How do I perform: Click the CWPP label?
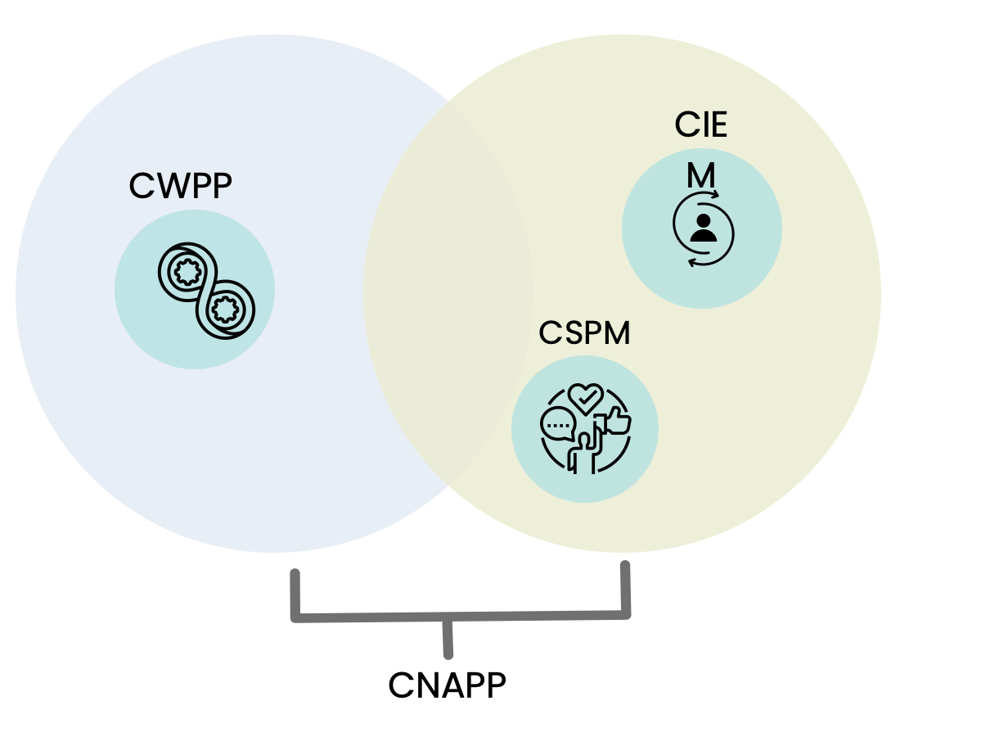click(181, 186)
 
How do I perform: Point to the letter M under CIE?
click(701, 174)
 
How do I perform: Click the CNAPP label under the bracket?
click(447, 685)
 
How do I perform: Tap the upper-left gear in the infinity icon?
click(188, 270)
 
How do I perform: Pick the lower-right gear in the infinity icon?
click(223, 309)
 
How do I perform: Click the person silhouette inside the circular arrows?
click(703, 227)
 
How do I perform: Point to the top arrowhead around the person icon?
click(714, 196)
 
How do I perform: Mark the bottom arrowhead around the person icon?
click(692, 262)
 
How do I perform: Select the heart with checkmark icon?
click(585, 399)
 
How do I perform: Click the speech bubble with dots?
click(558, 425)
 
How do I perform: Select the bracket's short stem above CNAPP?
click(448, 638)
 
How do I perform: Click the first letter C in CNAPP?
click(400, 685)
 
